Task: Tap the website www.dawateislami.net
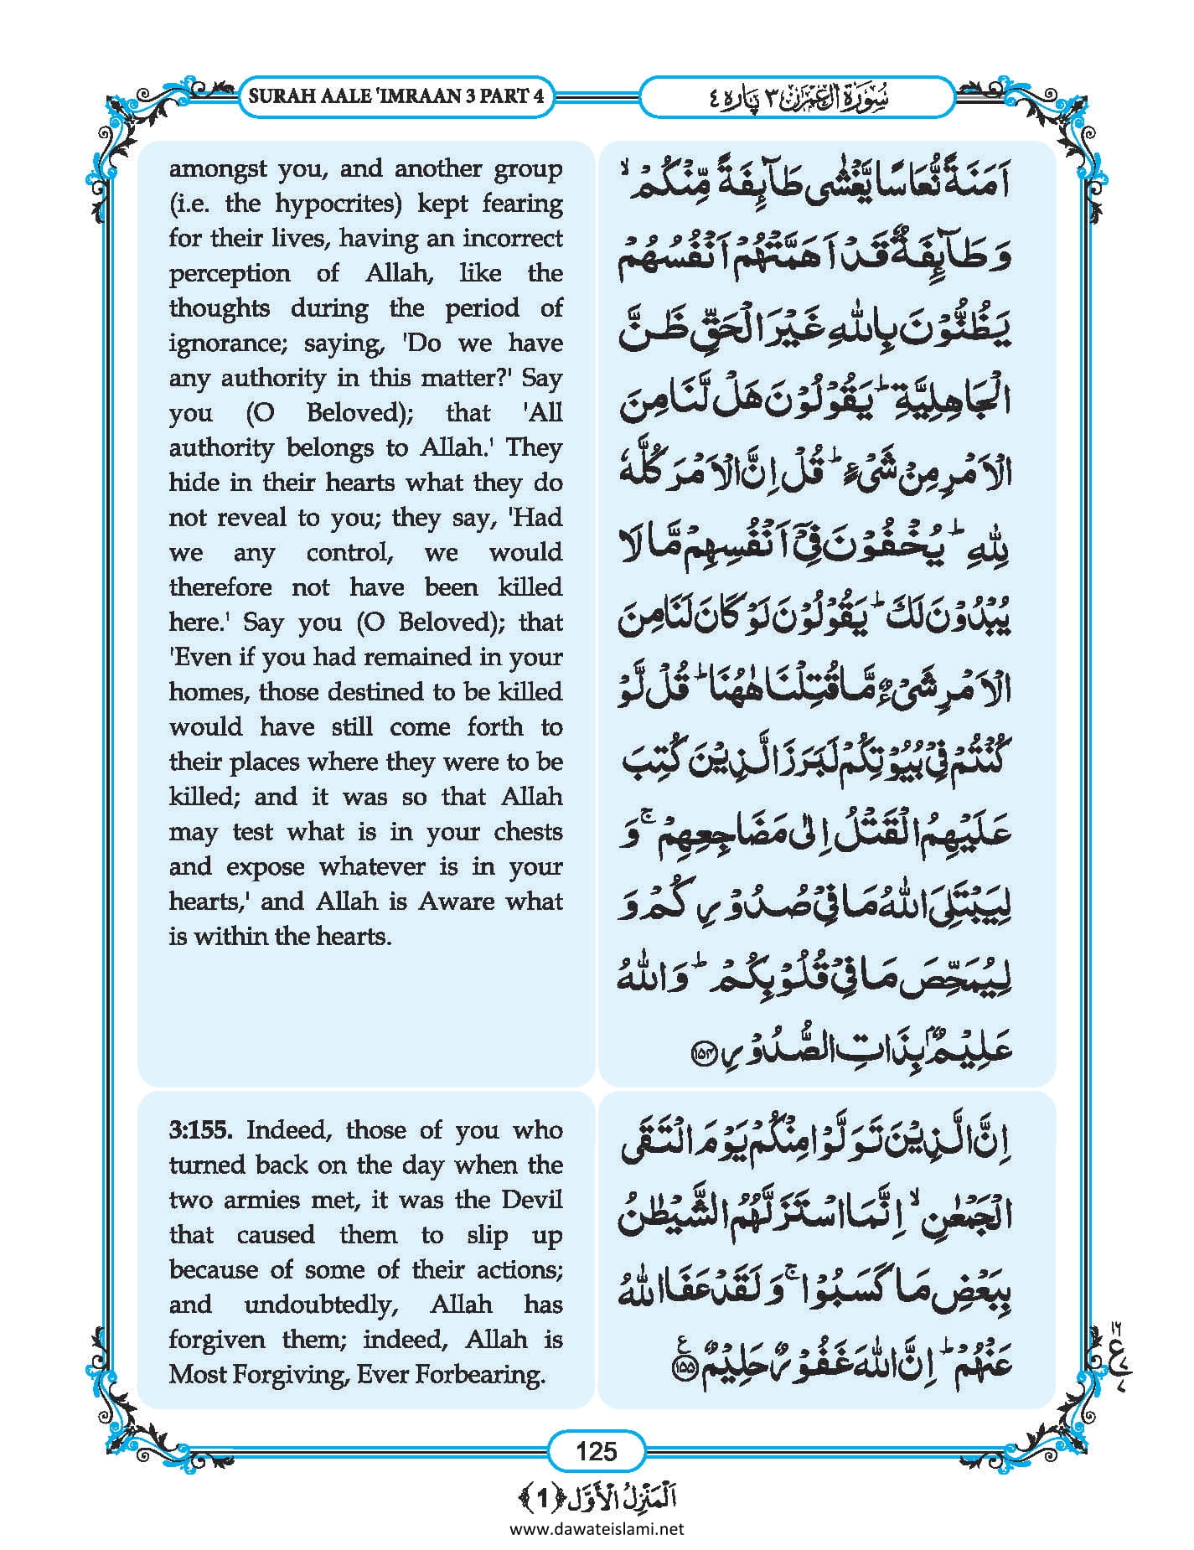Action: pos(597,1529)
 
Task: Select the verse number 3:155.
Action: pos(200,1130)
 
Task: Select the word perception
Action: pos(230,274)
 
